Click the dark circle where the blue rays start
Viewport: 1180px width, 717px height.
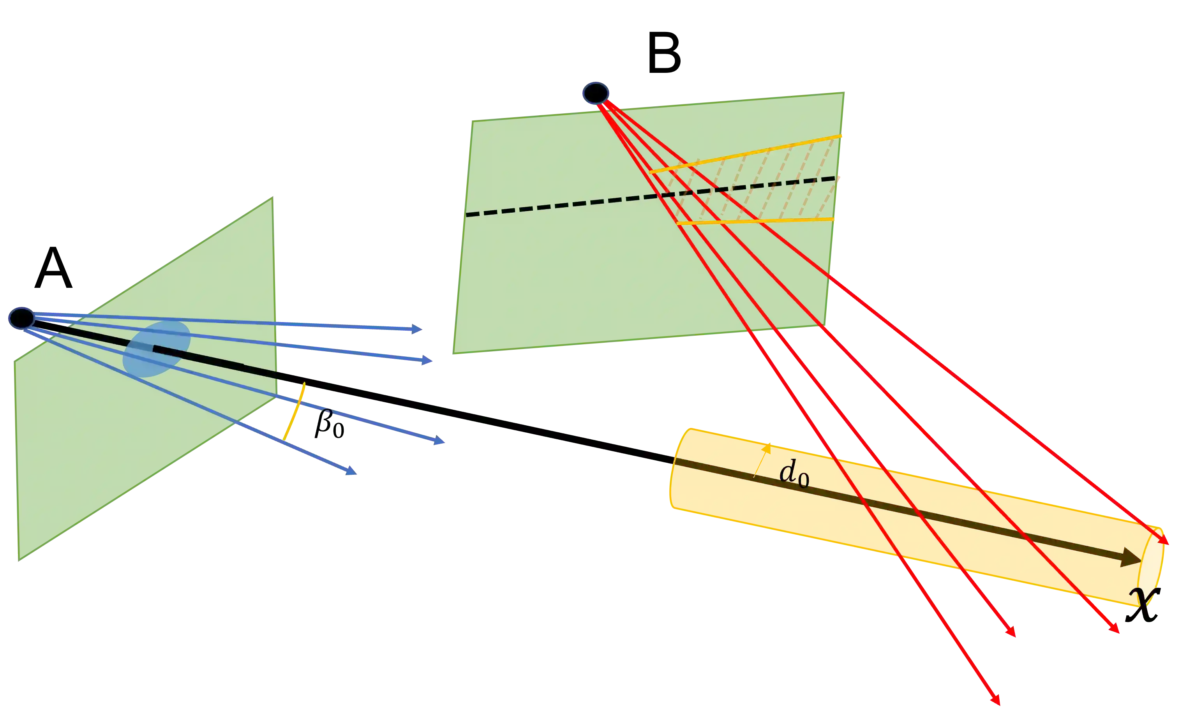(x=21, y=318)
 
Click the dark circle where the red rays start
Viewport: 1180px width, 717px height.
(x=596, y=93)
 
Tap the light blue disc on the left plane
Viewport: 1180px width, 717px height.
(x=156, y=349)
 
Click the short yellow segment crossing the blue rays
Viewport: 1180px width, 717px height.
(x=294, y=411)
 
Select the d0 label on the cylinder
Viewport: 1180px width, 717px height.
(x=794, y=474)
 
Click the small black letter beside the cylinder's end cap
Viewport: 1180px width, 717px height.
(x=1142, y=598)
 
